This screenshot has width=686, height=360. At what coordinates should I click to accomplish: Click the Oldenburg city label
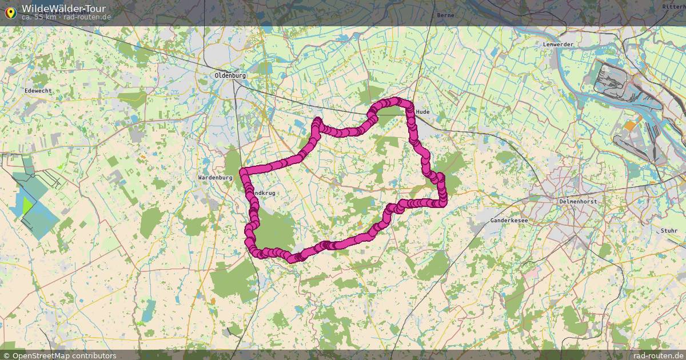tap(230, 75)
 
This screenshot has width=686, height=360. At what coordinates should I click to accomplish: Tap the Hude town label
tap(423, 112)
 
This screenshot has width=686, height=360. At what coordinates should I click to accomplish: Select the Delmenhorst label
tap(577, 201)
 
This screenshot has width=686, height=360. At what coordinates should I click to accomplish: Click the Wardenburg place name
tap(215, 178)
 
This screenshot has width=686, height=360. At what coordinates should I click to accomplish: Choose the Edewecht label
tap(39, 91)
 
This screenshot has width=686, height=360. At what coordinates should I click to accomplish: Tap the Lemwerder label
tap(558, 44)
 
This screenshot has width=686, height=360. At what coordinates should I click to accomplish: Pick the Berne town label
tap(445, 15)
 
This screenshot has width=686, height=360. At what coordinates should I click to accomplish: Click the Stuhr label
tap(669, 230)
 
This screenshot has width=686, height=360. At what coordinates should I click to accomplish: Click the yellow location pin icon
tap(10, 11)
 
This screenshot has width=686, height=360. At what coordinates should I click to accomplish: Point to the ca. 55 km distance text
tap(39, 17)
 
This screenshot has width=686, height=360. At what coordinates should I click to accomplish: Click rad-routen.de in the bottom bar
tap(657, 355)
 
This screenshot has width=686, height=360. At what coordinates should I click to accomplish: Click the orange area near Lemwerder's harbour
tap(629, 126)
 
